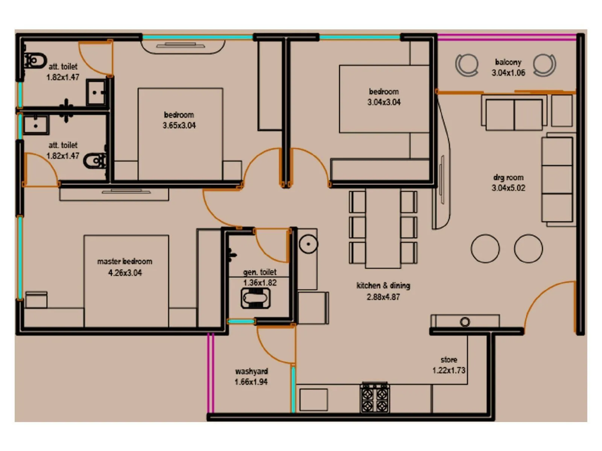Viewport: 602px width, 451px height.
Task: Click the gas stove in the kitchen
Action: click(x=375, y=398)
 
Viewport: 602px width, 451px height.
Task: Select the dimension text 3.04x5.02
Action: click(x=508, y=188)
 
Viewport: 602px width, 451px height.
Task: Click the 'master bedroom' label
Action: click(x=125, y=261)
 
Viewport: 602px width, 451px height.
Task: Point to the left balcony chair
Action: click(x=467, y=65)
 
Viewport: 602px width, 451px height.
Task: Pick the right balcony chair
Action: click(x=544, y=64)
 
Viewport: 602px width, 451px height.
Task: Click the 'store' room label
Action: click(x=448, y=360)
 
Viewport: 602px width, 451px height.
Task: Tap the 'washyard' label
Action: click(x=251, y=371)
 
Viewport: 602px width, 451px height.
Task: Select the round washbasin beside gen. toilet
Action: click(x=309, y=244)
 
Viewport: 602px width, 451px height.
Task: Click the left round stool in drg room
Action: click(x=485, y=248)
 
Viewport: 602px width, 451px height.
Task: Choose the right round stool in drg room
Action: click(x=528, y=248)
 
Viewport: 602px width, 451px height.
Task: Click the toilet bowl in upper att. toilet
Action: click(x=36, y=61)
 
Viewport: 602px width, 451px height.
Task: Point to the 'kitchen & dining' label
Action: click(x=383, y=286)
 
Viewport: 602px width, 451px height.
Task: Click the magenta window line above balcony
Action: click(x=506, y=37)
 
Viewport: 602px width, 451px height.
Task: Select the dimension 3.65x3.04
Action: click(x=179, y=126)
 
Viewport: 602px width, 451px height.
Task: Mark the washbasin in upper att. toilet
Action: click(x=96, y=92)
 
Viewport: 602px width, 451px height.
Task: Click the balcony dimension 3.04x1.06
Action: click(x=508, y=73)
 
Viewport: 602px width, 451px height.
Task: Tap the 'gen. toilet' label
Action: click(x=260, y=272)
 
